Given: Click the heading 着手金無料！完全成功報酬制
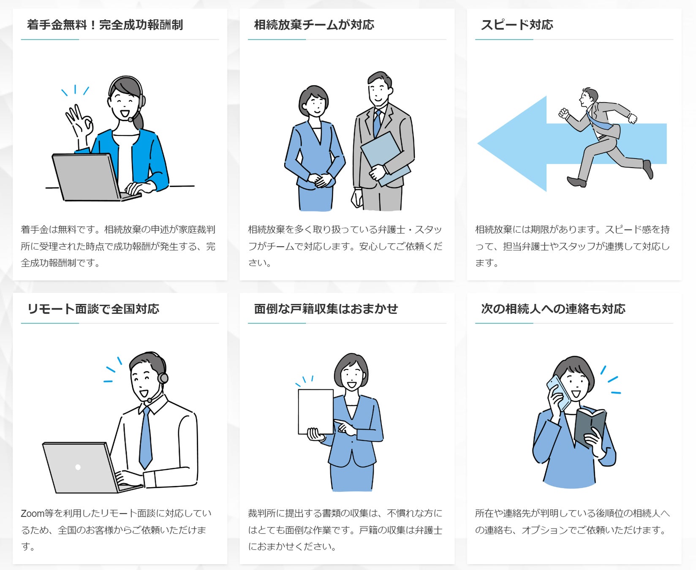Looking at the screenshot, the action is click(x=105, y=25).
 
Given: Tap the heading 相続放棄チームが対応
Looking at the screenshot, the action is click(x=314, y=25).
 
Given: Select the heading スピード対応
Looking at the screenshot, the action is click(x=517, y=25).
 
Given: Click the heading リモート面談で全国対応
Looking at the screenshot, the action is click(x=93, y=309).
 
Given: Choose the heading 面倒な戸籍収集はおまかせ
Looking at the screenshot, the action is click(x=326, y=309).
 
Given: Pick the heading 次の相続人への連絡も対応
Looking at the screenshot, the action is click(x=553, y=309).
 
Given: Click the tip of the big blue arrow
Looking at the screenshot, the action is click(x=478, y=144).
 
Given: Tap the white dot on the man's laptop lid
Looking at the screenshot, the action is click(x=78, y=467).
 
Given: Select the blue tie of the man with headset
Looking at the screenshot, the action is click(x=145, y=438).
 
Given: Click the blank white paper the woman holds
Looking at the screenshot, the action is click(x=315, y=412).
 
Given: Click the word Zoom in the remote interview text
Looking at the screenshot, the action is click(x=33, y=513).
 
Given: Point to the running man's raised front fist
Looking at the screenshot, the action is click(x=563, y=113).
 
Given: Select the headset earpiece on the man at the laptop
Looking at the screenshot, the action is click(x=163, y=377).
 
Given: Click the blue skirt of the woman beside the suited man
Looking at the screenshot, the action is click(x=315, y=198).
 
